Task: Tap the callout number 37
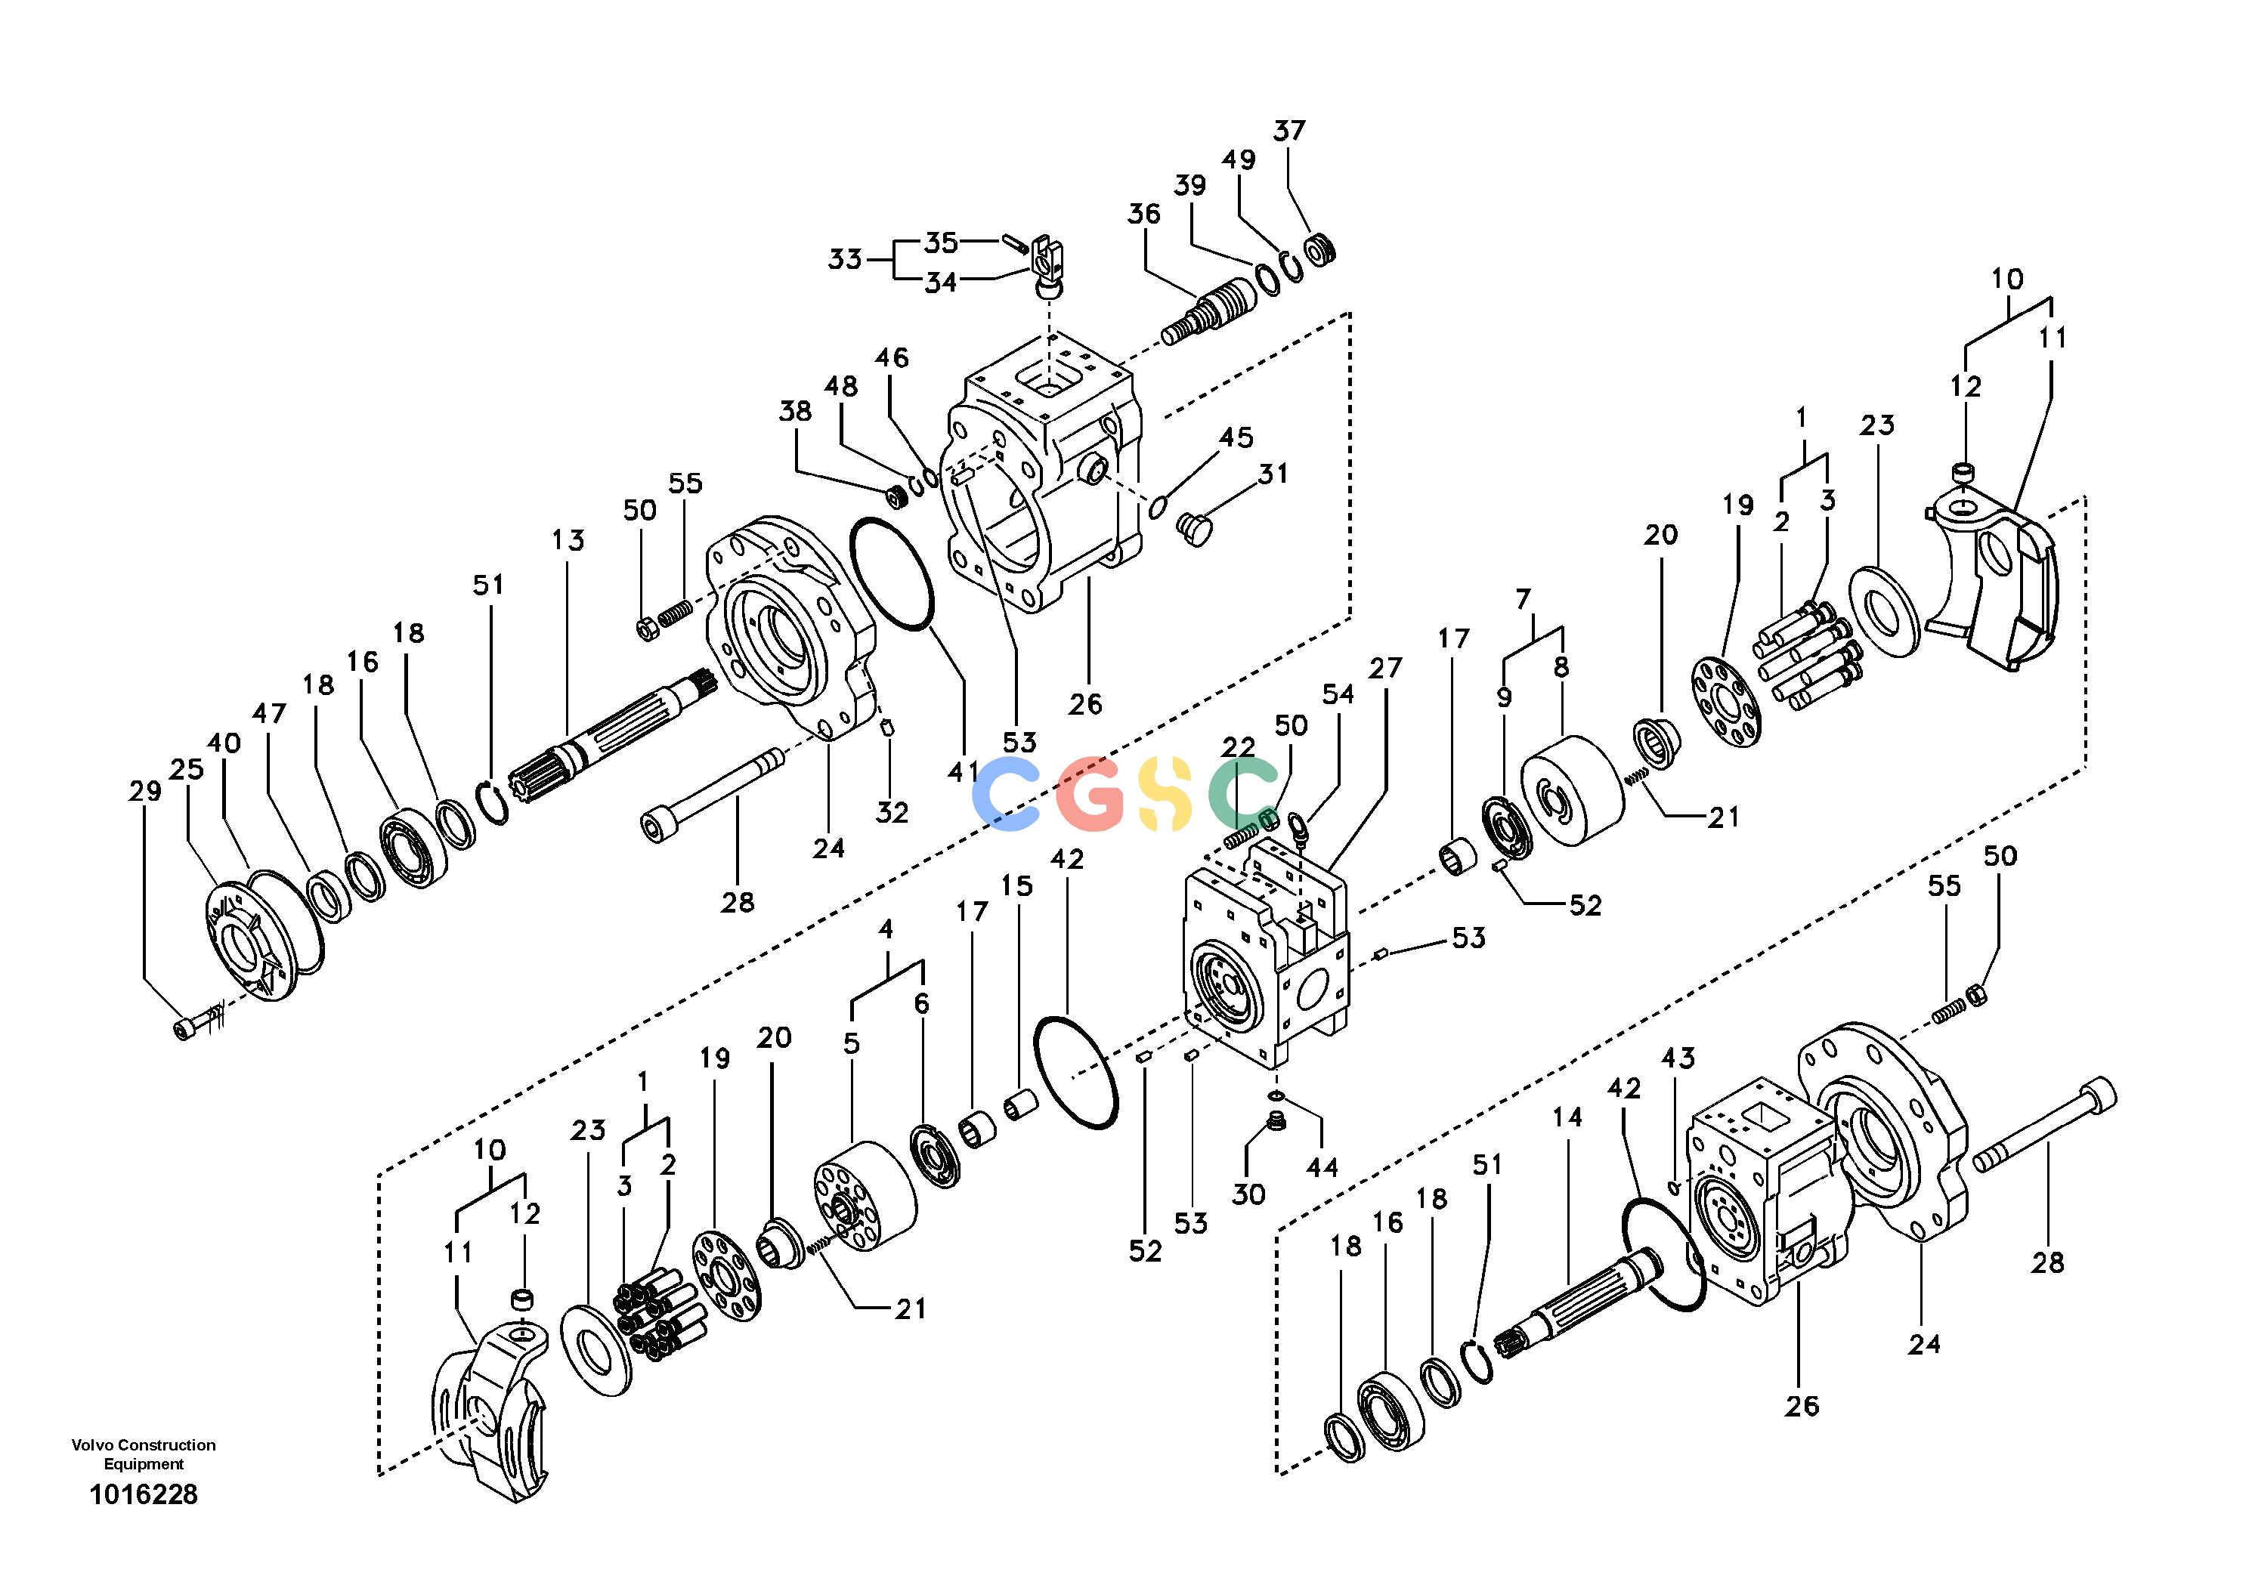click(x=1289, y=130)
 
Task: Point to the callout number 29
click(x=145, y=791)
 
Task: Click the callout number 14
click(x=1567, y=1117)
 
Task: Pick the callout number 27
click(x=1385, y=669)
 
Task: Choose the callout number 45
click(x=1236, y=437)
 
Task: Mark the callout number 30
click(x=1249, y=1194)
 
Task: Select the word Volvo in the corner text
click(x=91, y=1445)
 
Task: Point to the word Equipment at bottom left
click(x=144, y=1465)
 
